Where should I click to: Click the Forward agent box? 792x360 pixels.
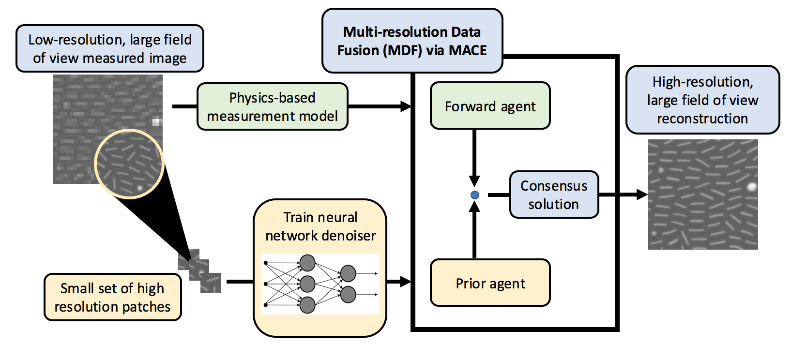(490, 106)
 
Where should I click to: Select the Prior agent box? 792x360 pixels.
(490, 283)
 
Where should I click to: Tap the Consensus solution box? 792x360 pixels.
(554, 195)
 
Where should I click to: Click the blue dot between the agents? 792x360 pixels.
(475, 195)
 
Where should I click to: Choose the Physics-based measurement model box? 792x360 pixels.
(272, 106)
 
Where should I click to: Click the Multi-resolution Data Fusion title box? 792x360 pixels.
(412, 41)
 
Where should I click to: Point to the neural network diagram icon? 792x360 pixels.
(320, 284)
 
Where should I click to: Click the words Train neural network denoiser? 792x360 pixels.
(320, 226)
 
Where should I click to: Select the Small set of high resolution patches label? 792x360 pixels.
(112, 297)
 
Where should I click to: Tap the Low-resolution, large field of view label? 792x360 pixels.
(110, 48)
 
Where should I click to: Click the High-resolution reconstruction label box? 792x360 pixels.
(702, 100)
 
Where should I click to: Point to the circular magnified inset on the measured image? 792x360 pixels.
(129, 164)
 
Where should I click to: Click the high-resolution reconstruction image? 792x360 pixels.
(702, 195)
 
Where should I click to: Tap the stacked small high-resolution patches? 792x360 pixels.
(199, 271)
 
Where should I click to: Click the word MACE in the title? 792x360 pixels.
(467, 50)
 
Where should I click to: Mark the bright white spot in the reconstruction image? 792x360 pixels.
(751, 187)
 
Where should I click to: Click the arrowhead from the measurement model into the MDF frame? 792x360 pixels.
(406, 106)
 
